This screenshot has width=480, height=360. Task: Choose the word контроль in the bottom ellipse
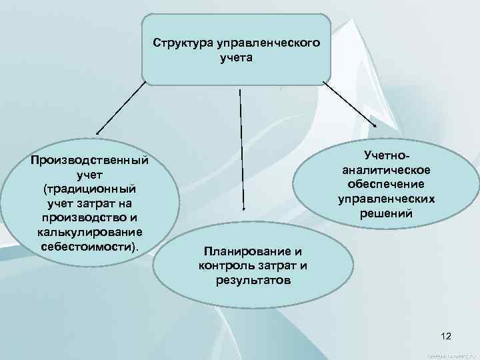click(225, 266)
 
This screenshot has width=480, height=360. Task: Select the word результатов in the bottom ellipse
click(253, 280)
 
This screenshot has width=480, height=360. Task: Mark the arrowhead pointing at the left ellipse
click(97, 133)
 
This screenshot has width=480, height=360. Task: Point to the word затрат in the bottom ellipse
click(275, 266)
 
